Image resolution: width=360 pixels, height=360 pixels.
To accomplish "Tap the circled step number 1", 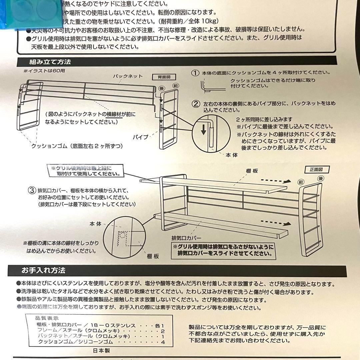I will (195, 73).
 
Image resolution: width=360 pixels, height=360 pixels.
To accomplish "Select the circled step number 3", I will (32, 191).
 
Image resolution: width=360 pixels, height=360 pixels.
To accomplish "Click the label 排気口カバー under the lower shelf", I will (186, 238).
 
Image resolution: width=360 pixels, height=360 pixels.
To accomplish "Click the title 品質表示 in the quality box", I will (47, 318).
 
